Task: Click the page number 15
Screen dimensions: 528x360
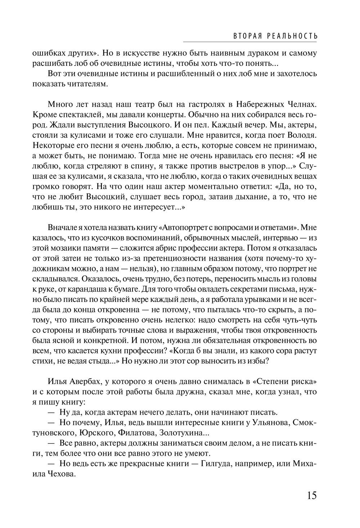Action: [312, 495]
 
